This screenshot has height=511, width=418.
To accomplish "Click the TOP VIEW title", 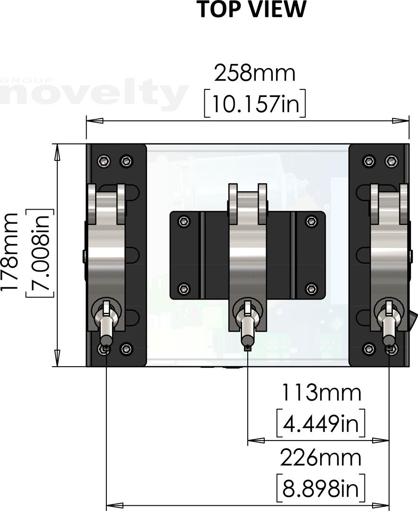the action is pyautogui.click(x=253, y=9).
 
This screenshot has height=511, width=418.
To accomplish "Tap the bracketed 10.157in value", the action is pyautogui.click(x=255, y=103).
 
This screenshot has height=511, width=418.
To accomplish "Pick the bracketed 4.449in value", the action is pyautogui.click(x=321, y=423).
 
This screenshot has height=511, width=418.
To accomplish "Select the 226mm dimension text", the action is pyautogui.click(x=321, y=458).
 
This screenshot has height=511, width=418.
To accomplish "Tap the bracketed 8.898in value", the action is pyautogui.click(x=321, y=488).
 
